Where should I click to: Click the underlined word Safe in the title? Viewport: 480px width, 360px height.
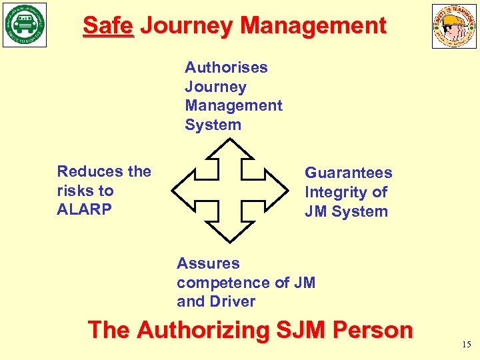pos(108,26)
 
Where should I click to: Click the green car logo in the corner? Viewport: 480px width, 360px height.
pos(25,25)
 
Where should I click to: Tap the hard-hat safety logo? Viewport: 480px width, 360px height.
pos(454,26)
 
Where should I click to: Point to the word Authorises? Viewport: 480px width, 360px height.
pos(226,67)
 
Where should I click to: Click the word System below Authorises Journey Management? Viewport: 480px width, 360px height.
pos(213,125)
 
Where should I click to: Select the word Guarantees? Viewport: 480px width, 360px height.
pos(348,173)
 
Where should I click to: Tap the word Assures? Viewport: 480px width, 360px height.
pos(208,263)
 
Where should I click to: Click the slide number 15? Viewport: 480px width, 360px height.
pos(466,345)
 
